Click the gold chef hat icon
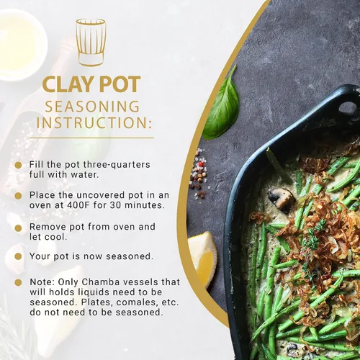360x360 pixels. (91, 42)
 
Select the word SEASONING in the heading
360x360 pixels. (92, 107)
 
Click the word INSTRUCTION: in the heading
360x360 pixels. (94, 122)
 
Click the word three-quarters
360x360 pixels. (117, 165)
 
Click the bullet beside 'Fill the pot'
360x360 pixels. (18, 165)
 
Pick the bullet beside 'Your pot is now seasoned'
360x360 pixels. (18, 256)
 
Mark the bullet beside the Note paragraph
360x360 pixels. (18, 282)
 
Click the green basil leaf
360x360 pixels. (221, 104)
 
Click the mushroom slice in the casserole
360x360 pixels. (281, 199)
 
